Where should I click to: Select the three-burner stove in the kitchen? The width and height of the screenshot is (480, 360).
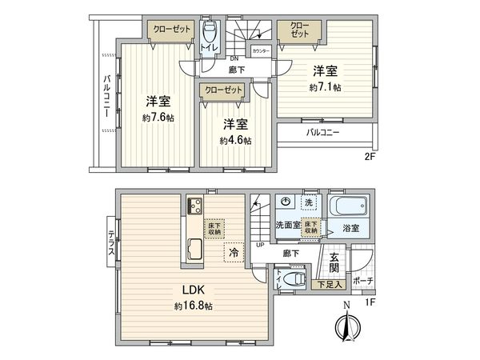[x=195, y=208]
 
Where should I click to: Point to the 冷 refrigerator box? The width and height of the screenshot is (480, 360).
[x=234, y=251]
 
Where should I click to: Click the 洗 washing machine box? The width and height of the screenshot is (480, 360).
[x=308, y=203]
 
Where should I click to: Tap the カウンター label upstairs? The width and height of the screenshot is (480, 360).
[x=261, y=50]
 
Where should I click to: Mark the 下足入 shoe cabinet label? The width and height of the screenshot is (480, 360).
[x=329, y=282]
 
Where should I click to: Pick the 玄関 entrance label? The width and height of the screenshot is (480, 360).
[x=335, y=261]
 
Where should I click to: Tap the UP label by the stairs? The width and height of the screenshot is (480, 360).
[x=259, y=245]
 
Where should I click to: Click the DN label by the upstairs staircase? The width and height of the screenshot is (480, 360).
[x=234, y=58]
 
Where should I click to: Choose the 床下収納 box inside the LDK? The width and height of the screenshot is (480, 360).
[x=214, y=227]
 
